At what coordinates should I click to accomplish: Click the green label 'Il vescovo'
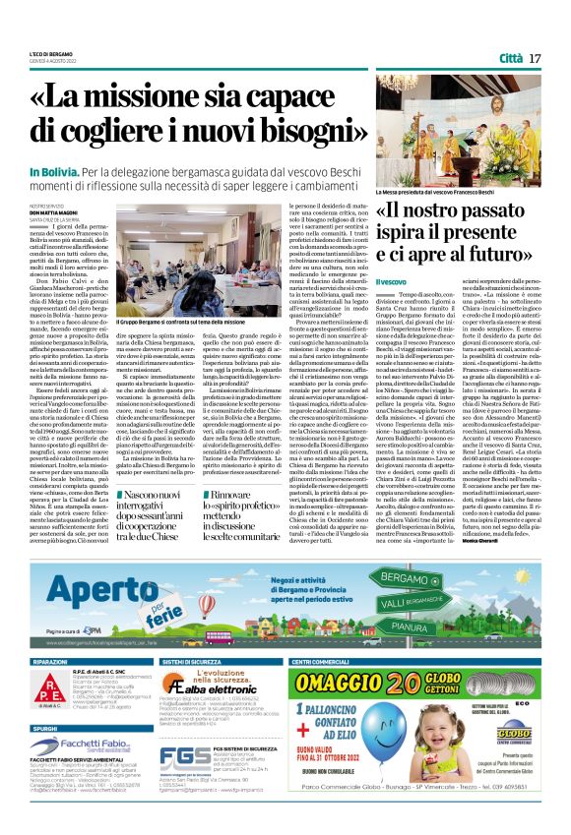pos(393,282)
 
